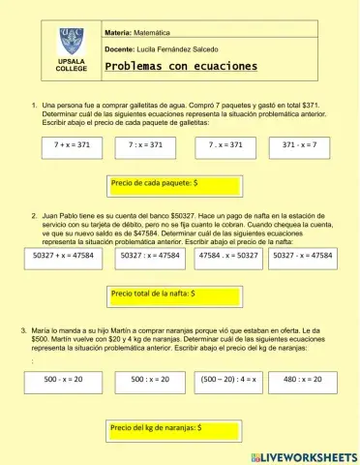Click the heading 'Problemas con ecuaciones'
point(181,66)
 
